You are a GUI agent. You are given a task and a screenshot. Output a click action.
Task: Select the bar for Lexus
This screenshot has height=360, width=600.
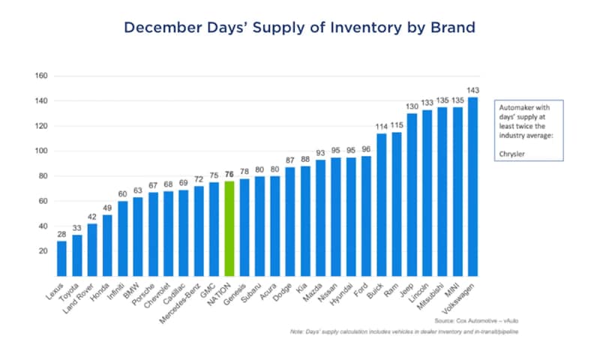(61, 259)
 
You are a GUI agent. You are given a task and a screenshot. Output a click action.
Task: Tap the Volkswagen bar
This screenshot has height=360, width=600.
(473, 187)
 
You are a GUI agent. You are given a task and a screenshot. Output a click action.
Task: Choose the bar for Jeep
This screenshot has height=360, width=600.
(412, 195)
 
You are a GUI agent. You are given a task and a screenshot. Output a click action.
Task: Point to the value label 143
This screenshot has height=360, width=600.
(473, 91)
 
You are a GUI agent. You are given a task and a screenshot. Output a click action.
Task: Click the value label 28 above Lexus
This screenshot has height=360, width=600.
(61, 235)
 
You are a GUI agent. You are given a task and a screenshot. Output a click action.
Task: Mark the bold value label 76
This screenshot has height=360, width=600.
(229, 175)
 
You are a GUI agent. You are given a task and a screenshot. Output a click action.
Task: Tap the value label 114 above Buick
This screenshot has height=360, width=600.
(382, 127)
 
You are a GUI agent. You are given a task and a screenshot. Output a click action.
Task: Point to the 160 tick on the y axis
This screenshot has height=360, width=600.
(41, 76)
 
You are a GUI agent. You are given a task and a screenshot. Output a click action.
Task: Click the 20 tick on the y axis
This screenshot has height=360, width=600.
(43, 251)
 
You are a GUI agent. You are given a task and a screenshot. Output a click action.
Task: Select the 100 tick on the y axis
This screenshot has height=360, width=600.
(41, 151)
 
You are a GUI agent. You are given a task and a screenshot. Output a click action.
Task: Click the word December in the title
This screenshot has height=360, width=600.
(162, 28)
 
